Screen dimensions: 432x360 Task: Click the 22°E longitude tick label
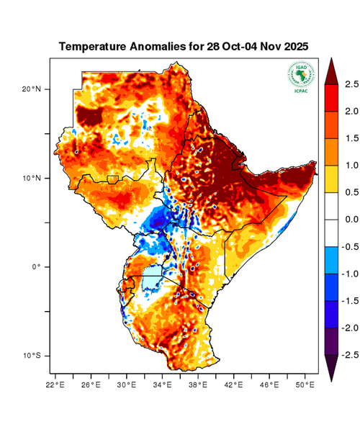[55, 384]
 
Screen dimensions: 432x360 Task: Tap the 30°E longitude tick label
[127, 384]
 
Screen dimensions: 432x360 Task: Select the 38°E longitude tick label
[198, 384]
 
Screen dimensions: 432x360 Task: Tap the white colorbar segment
[332, 219]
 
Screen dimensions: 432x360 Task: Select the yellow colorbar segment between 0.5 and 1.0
[332, 179]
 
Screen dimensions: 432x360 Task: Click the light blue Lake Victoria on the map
[152, 277]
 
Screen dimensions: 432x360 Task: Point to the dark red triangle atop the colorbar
[332, 71]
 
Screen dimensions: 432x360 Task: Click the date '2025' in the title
[294, 46]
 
